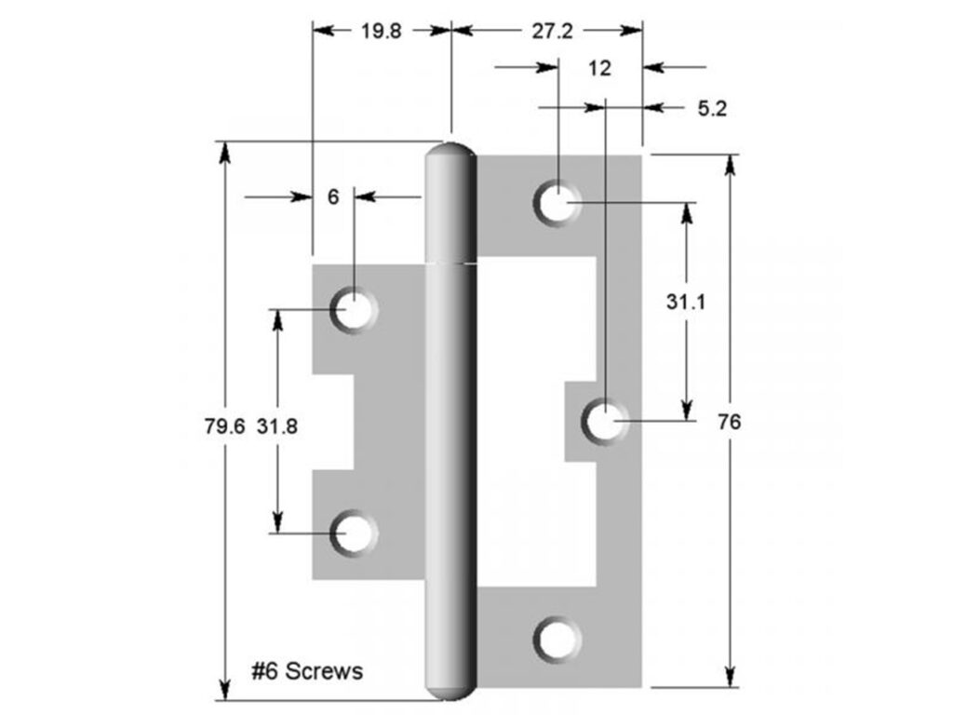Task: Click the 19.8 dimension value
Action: coord(381,31)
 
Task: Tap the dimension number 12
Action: coord(600,68)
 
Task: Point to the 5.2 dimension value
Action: coord(711,108)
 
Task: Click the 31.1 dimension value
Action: coord(685,302)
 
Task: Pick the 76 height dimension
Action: coord(730,421)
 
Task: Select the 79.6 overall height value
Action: coord(223,426)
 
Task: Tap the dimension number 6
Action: coord(333,196)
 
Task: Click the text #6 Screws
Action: coord(307,670)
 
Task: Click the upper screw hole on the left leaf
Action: coord(354,309)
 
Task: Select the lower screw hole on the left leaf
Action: coord(354,533)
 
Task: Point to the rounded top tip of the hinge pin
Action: coord(451,151)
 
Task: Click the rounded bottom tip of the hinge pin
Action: coord(451,691)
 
